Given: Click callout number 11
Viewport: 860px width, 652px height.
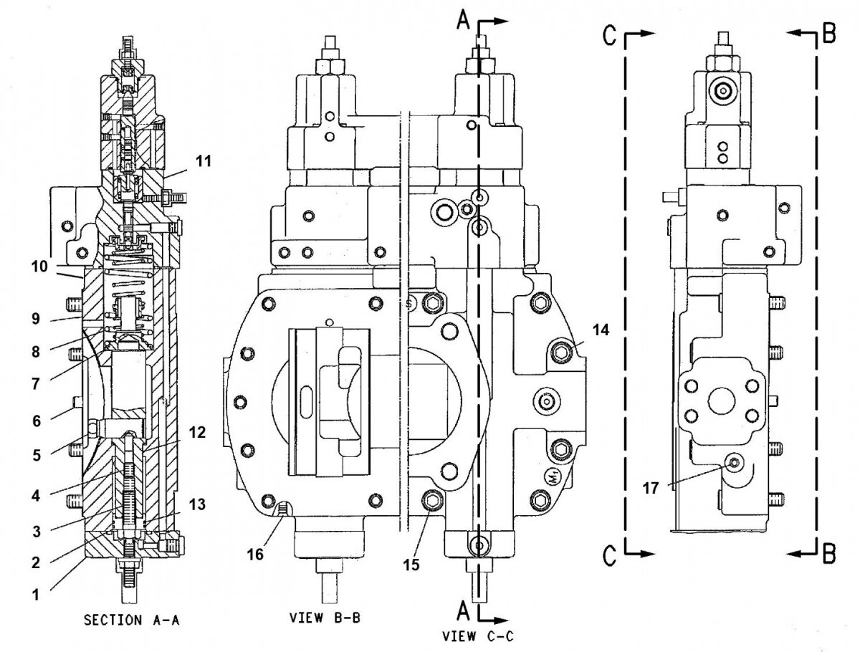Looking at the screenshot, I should (204, 161).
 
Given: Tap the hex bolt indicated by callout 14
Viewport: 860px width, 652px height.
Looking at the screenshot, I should (561, 350).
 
